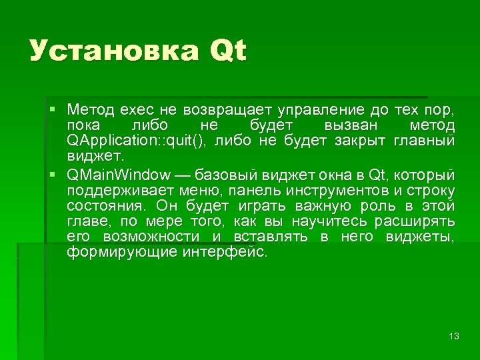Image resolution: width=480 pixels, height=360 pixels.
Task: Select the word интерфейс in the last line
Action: [x=224, y=252]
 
